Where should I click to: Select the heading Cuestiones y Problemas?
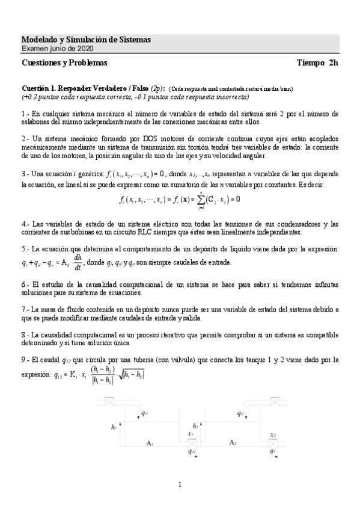point(64,63)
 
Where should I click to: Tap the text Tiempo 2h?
point(318,63)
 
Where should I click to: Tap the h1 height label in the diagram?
point(114,427)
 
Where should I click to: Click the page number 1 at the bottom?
point(180,484)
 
